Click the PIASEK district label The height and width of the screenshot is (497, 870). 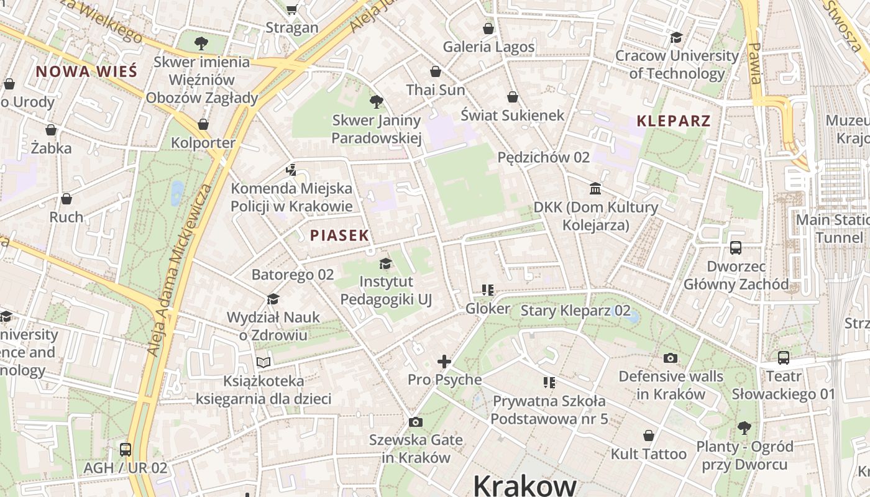click(x=339, y=235)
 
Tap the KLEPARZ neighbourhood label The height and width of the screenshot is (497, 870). click(x=674, y=121)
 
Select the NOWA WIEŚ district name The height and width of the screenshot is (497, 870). click(x=86, y=71)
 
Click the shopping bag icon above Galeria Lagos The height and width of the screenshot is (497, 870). click(x=488, y=29)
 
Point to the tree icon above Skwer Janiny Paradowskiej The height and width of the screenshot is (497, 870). click(x=376, y=102)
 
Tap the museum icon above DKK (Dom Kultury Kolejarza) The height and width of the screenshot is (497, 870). click(x=595, y=188)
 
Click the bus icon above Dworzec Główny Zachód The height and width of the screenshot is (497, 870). click(x=736, y=248)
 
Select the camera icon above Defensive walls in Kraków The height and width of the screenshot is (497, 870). click(x=670, y=358)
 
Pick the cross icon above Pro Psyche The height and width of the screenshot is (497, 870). click(x=444, y=361)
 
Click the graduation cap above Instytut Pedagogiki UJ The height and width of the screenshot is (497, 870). click(x=385, y=263)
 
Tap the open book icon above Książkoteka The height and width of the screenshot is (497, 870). click(x=263, y=362)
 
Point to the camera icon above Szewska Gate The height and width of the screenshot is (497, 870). click(x=416, y=422)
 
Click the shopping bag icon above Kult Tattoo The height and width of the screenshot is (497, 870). click(x=649, y=435)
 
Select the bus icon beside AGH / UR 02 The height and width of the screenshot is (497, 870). click(x=126, y=450)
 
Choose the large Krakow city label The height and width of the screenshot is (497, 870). click(x=525, y=485)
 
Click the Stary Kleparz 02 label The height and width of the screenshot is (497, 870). click(x=575, y=311)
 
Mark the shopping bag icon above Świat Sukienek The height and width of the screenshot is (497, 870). click(x=513, y=97)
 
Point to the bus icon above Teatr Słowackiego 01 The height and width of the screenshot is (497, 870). click(x=784, y=358)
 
